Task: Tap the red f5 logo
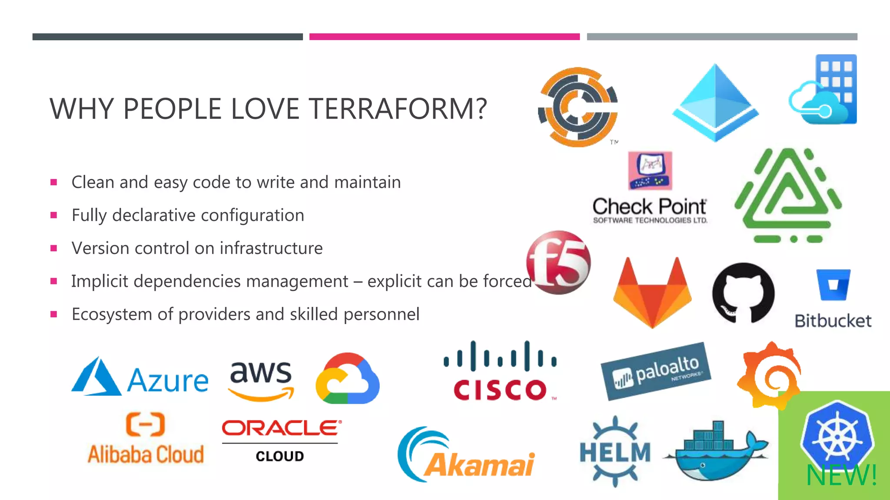coord(558,263)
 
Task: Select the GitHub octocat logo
coord(743,293)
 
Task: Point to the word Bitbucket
coord(833,321)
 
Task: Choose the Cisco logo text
coord(500,389)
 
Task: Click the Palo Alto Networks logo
coord(656,371)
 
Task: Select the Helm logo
coord(615,452)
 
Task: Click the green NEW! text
coord(841,475)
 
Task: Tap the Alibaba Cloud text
coord(146,454)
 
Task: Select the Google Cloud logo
coord(348,378)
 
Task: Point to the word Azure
coord(168,381)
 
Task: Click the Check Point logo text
coord(650,207)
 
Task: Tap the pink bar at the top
coord(444,37)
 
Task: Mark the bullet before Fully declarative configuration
coord(54,215)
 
